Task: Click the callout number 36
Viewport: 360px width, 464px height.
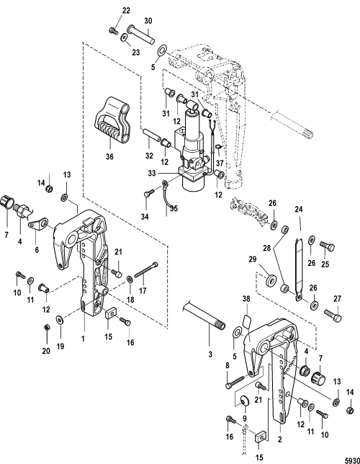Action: click(x=109, y=156)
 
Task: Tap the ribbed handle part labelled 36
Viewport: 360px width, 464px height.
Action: click(x=112, y=121)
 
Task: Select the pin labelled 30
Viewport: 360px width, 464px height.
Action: click(x=141, y=35)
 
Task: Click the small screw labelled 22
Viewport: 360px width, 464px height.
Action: click(x=113, y=30)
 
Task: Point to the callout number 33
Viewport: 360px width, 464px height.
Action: click(x=152, y=174)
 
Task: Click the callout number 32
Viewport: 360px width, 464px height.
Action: click(x=149, y=156)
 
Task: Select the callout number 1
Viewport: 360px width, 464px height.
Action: click(x=83, y=338)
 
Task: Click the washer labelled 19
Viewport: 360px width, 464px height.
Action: click(x=60, y=319)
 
